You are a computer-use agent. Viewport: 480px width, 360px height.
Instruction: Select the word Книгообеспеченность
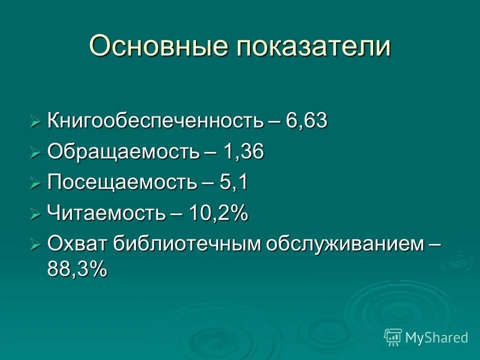(155, 122)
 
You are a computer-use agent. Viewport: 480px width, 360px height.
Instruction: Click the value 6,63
(307, 121)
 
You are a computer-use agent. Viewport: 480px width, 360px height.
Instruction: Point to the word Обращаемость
(122, 152)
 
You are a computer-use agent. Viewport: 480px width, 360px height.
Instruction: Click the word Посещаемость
(121, 183)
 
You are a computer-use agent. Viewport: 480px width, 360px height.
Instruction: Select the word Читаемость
(106, 214)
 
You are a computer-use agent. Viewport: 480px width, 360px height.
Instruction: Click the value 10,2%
(218, 213)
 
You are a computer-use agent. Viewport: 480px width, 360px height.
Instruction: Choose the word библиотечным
(186, 244)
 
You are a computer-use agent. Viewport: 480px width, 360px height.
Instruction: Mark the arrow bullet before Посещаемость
(35, 184)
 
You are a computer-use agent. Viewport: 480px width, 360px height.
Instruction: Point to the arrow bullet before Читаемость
(35, 215)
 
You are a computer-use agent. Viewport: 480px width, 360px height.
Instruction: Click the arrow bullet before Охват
(35, 245)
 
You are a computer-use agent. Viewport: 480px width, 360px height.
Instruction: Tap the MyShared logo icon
(393, 337)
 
